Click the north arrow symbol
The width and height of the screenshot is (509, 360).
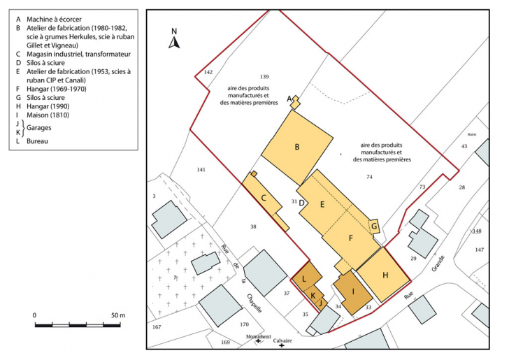(x=174, y=43)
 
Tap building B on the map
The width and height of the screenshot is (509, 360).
(x=297, y=147)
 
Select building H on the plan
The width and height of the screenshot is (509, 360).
(x=384, y=275)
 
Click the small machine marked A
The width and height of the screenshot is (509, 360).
(x=296, y=102)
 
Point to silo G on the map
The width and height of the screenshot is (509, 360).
(x=374, y=226)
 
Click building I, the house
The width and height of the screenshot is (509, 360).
(x=353, y=292)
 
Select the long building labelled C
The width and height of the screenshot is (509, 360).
(x=264, y=199)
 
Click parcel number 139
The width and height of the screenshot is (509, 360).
(x=264, y=76)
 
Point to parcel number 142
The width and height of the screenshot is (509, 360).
(x=208, y=73)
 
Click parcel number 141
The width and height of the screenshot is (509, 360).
(x=201, y=170)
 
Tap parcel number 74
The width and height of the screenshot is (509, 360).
(x=369, y=177)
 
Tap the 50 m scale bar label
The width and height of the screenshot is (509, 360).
(x=117, y=316)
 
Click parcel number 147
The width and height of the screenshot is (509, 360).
(x=479, y=249)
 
